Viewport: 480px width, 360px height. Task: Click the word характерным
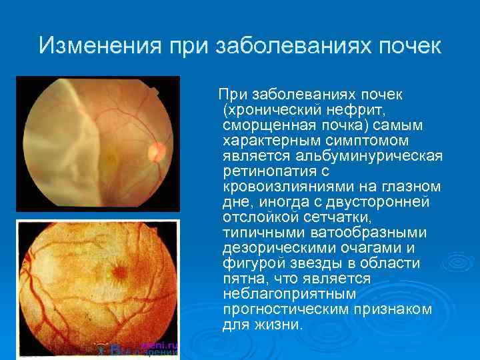(268, 140)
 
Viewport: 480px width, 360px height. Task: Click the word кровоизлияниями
(282, 187)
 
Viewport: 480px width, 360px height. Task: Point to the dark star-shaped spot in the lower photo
(120, 272)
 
